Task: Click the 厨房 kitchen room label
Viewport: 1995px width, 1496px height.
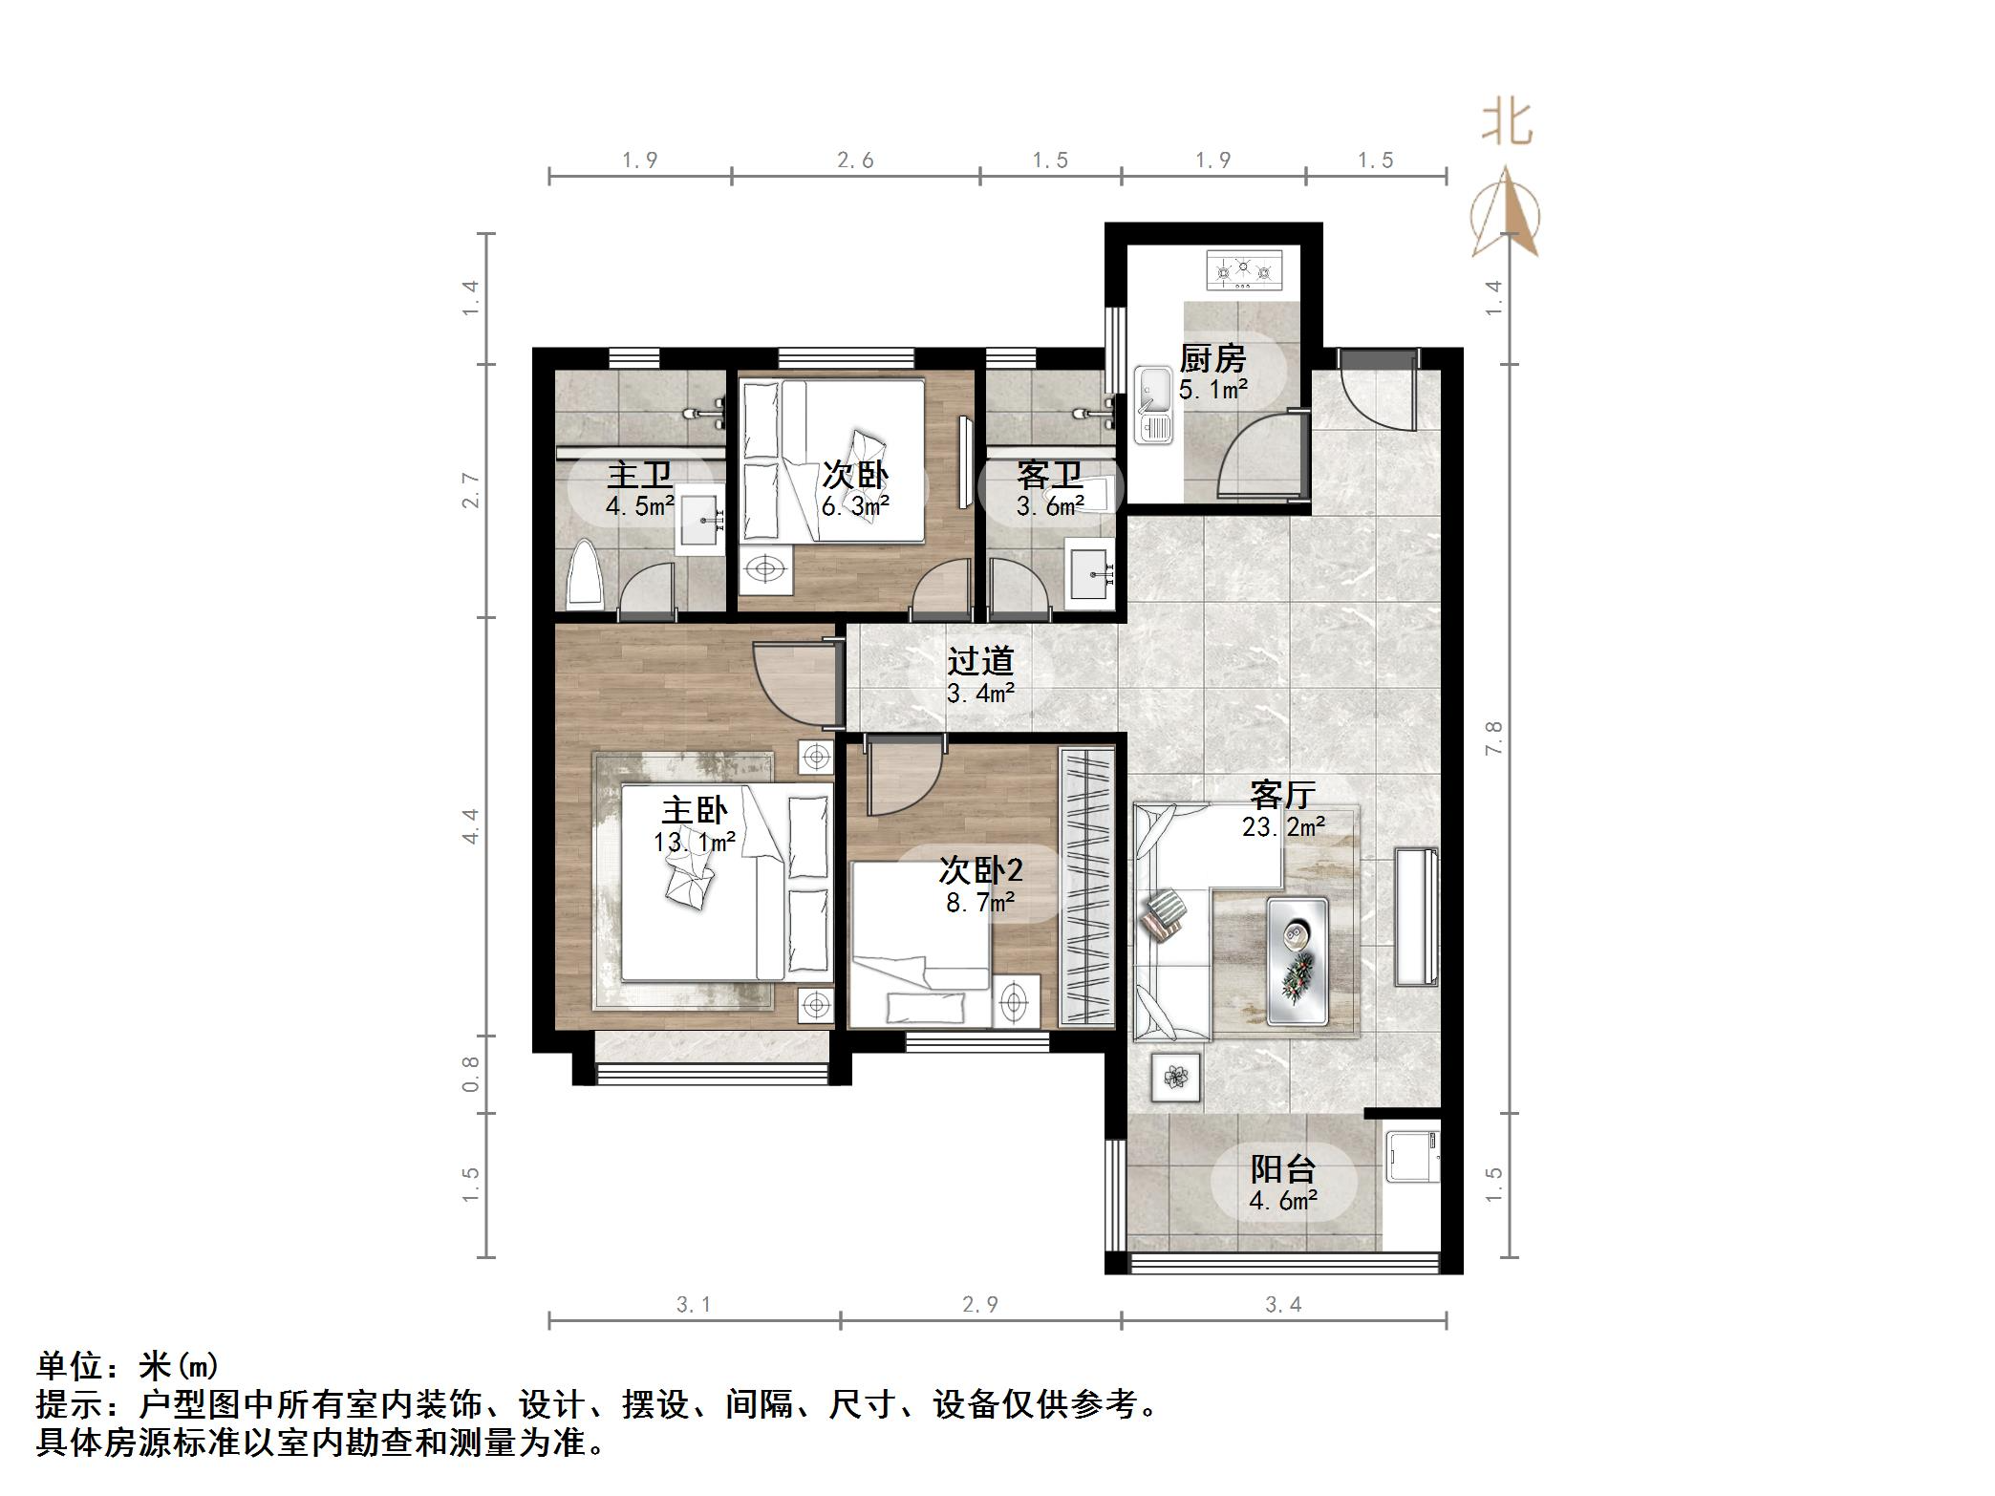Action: pos(1212,359)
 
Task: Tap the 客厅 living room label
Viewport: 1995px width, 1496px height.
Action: pos(1282,794)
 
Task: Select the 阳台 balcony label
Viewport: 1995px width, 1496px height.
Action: pos(1283,1169)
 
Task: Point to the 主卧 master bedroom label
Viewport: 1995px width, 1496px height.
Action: pos(695,811)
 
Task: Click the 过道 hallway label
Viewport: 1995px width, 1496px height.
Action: pos(980,661)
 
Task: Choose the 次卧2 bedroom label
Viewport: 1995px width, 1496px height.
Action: pos(980,870)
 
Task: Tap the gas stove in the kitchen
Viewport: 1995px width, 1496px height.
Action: pos(1243,270)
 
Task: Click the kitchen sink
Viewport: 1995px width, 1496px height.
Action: pos(1154,405)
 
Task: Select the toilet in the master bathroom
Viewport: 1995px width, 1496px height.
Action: pos(585,575)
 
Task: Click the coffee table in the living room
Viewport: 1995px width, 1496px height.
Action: pos(1297,961)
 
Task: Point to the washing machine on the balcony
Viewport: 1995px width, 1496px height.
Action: pos(1411,1157)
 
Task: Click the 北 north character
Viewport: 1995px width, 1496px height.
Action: pos(1507,124)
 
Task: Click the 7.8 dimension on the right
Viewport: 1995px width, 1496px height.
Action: pos(1493,738)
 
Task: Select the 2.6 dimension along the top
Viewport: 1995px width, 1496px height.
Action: pos(855,160)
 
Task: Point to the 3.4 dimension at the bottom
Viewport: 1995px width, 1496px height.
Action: pos(1282,1305)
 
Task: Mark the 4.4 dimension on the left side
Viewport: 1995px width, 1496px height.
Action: pos(470,825)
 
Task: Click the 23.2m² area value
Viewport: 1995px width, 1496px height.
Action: pos(1283,826)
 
